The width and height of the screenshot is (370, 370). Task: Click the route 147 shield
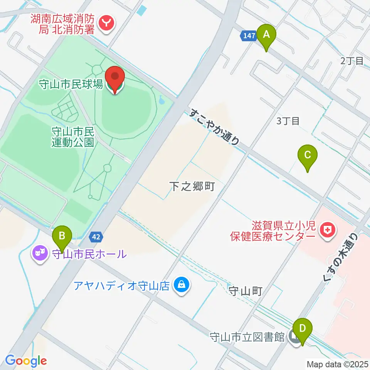point(249,36)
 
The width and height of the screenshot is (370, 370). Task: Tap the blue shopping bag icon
point(180,286)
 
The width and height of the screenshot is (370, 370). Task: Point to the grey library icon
point(294,338)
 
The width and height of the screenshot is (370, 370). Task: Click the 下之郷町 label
point(192,187)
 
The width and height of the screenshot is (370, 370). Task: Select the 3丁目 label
point(288,121)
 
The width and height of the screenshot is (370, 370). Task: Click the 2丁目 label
point(352,61)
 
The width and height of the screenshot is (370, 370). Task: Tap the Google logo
point(26,361)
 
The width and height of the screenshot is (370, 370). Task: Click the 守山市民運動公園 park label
point(72,137)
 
